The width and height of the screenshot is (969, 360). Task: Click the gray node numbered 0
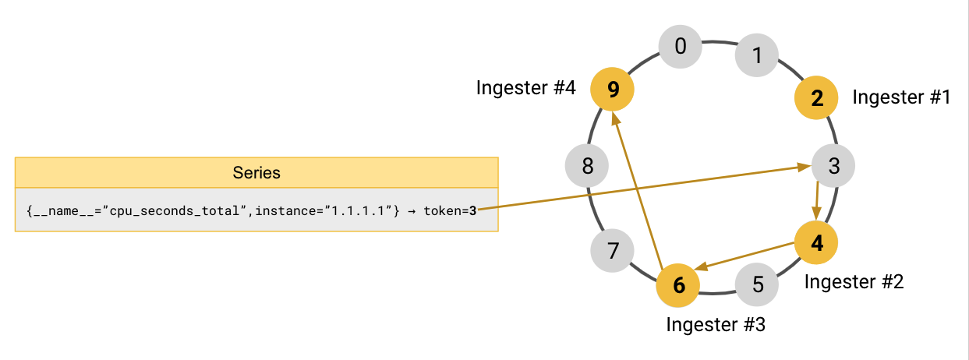click(x=680, y=47)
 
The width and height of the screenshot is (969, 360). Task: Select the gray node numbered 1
click(x=757, y=55)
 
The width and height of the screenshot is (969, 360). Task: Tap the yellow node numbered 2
click(x=816, y=98)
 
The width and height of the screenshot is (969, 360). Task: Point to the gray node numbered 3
click(x=833, y=166)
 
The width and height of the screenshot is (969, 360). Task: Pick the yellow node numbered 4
click(x=816, y=242)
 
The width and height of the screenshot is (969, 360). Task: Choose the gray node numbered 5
click(x=758, y=284)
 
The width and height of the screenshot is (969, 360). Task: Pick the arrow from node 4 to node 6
click(x=747, y=256)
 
